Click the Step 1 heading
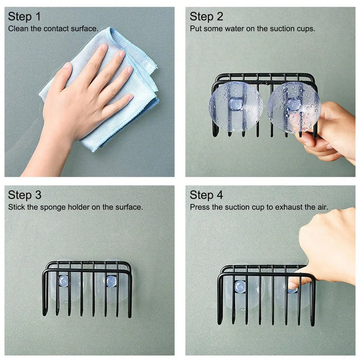pos(24,16)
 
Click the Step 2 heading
pos(206,16)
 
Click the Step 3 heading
pos(24,195)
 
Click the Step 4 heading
pos(206,195)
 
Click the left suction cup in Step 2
pos(236,107)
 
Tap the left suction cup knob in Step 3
pos(63,281)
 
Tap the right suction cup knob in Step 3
pos(111,281)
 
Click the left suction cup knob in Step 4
pos(240,286)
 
